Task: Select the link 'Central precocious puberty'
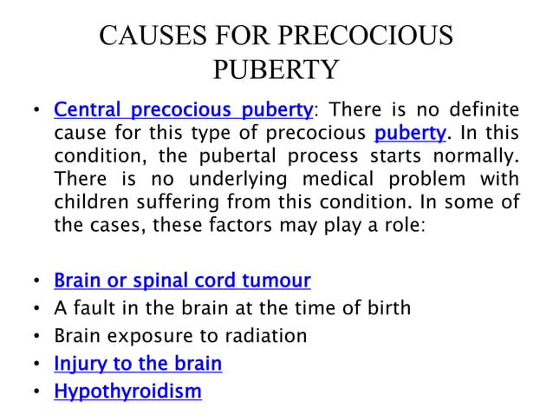click(183, 110)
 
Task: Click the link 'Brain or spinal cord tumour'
click(182, 280)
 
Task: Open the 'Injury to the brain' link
click(138, 364)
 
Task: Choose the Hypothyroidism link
click(127, 392)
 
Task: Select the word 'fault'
click(90, 308)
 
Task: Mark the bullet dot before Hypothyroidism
click(36, 392)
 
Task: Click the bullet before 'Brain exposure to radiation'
click(36, 337)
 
